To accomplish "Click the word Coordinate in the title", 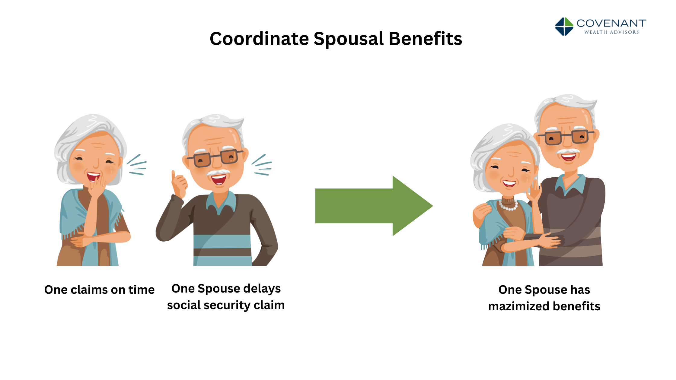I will click(259, 39).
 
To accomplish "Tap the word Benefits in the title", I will click(425, 39).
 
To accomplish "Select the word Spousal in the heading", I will click(349, 40).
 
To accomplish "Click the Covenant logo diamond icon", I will click(564, 27).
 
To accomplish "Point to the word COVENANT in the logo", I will click(611, 23).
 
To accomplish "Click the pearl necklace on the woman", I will click(509, 206).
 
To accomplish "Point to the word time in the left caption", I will click(142, 290).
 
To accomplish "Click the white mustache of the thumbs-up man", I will click(218, 173).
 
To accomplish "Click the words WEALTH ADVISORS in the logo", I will click(611, 32).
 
